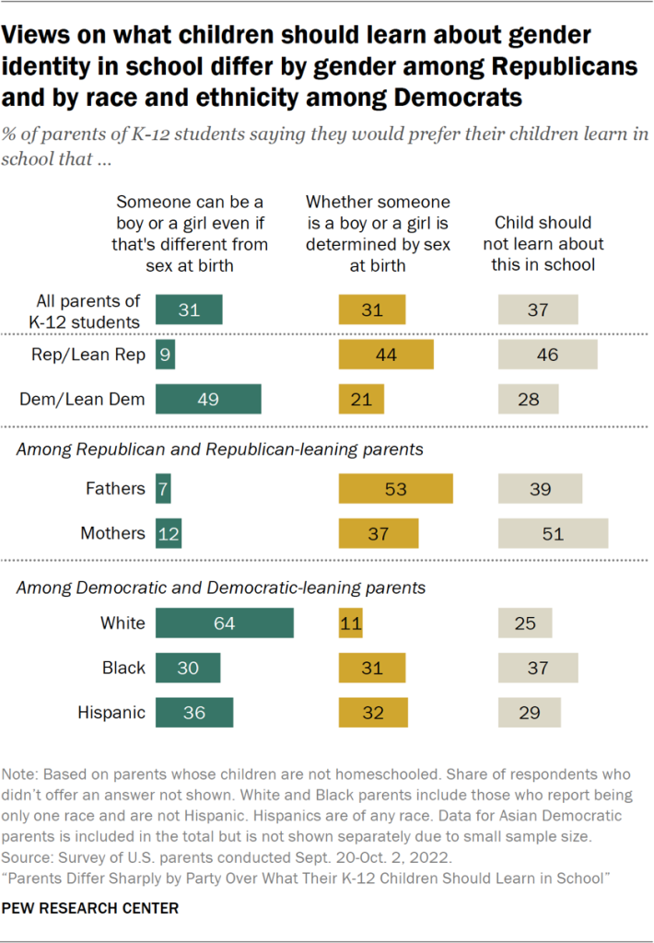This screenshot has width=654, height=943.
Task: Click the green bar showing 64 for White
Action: coord(224,623)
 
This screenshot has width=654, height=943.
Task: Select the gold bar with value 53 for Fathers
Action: coord(396,488)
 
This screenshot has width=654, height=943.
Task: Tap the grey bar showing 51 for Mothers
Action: coord(553,533)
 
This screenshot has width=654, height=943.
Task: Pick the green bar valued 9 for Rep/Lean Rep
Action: coord(165,355)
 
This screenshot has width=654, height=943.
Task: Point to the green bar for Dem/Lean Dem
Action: coord(208,399)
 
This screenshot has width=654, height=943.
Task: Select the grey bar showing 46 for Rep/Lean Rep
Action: coord(547,355)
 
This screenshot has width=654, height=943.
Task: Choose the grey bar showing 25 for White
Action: coord(525,623)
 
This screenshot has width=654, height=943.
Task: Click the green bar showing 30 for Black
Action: coord(188,668)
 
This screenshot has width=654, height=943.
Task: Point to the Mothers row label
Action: coord(113,533)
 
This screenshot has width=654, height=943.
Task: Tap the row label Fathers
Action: coord(117,488)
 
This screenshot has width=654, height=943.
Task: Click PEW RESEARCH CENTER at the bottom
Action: coord(90,908)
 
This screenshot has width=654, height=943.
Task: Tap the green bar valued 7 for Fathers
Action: coord(163,488)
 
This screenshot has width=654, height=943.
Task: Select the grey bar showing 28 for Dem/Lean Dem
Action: coord(528,399)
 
